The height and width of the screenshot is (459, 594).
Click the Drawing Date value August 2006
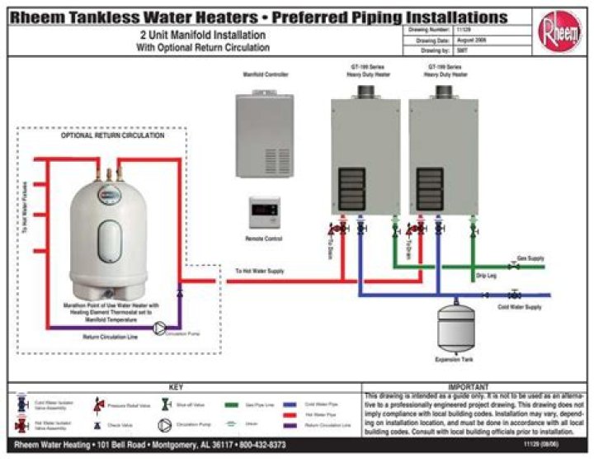(x=461, y=40)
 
